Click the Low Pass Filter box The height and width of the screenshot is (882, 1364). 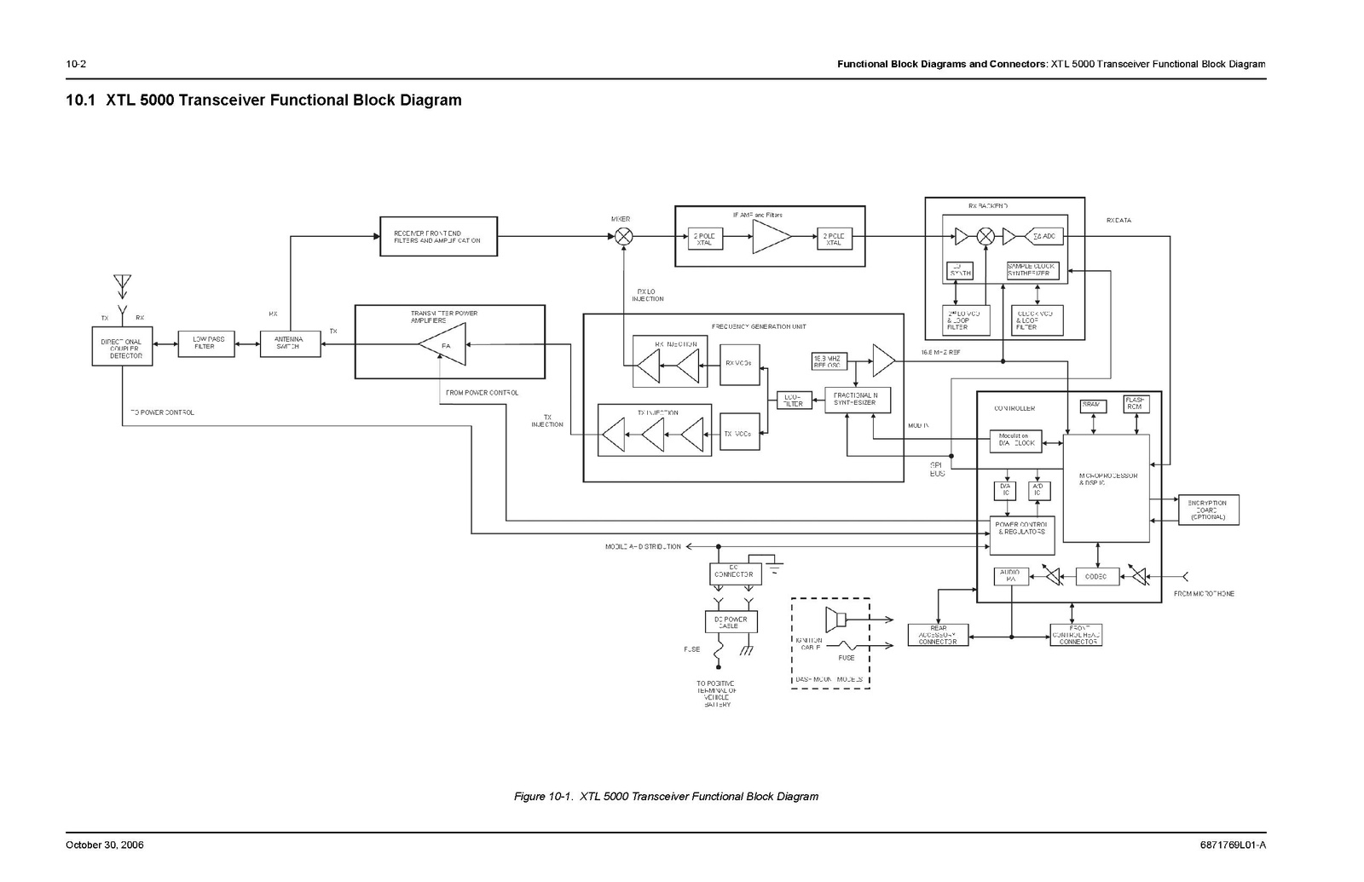[x=206, y=343]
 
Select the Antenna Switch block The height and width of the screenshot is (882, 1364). [x=290, y=343]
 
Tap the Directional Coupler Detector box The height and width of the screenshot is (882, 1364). [x=122, y=346]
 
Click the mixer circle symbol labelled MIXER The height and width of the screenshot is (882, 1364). [x=624, y=236]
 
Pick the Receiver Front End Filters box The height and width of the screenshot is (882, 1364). [x=438, y=236]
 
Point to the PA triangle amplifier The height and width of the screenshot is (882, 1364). [x=444, y=344]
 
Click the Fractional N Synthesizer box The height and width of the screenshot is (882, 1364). [x=857, y=400]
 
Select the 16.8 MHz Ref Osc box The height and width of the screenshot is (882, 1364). [x=829, y=361]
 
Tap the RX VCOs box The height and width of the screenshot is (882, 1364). [x=739, y=364]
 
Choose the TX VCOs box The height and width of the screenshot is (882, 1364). [x=739, y=434]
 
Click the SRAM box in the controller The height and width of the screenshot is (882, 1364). [x=1092, y=406]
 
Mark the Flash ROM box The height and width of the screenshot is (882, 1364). [x=1136, y=404]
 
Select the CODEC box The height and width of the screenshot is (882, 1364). [x=1096, y=577]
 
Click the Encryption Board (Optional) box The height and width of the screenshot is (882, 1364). [x=1207, y=510]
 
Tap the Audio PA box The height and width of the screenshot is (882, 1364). [x=1011, y=577]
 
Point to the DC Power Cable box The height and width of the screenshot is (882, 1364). [x=731, y=622]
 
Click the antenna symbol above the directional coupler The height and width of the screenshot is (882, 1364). [x=122, y=285]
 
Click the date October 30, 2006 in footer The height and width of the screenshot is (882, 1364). [x=105, y=845]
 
